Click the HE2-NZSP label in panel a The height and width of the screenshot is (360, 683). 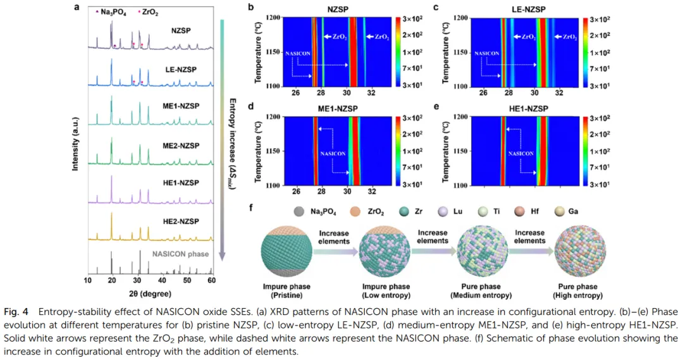tap(181, 221)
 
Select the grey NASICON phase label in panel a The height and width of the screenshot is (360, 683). tap(180, 253)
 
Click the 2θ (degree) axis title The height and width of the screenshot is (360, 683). tap(147, 292)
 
